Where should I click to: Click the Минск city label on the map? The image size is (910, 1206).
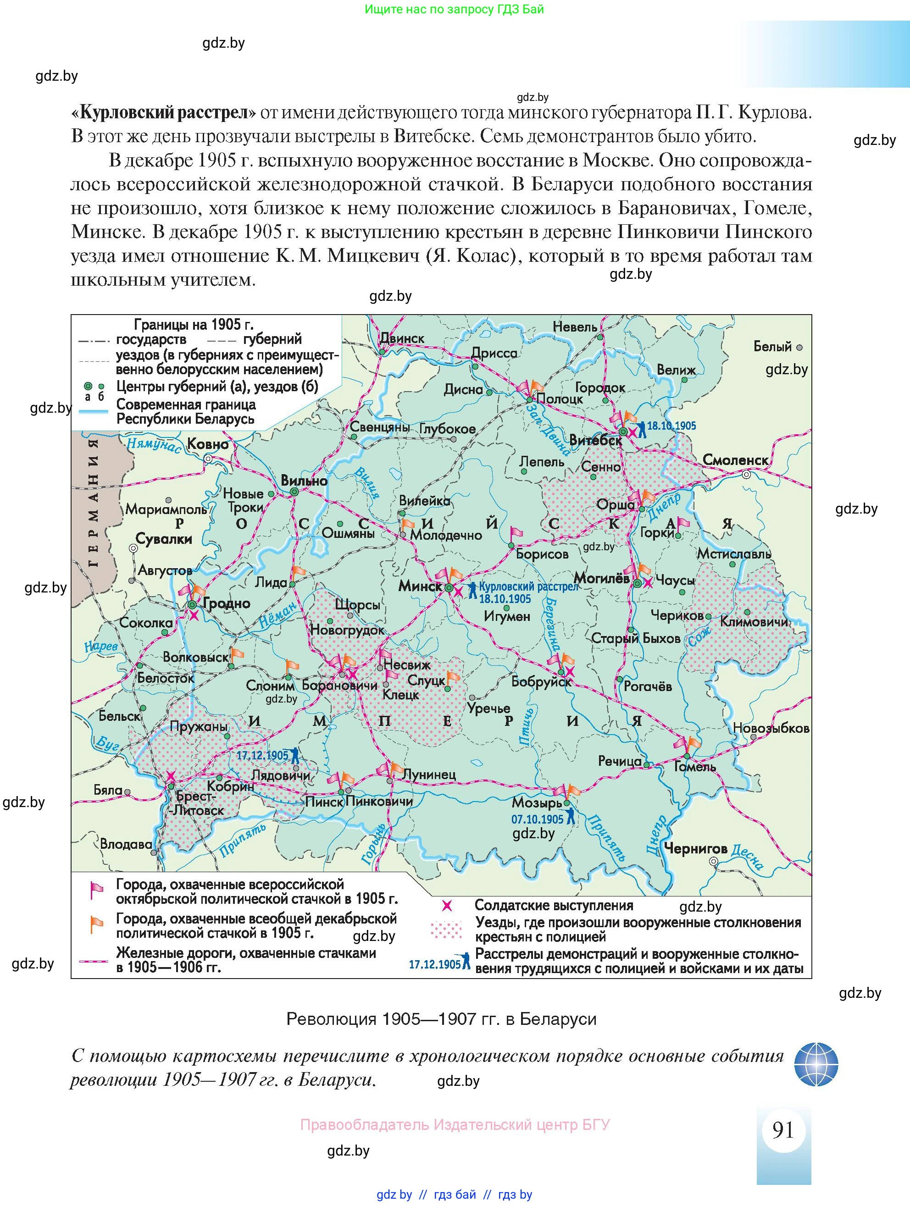[x=420, y=586]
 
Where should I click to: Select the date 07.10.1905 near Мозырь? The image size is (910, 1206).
[x=537, y=819]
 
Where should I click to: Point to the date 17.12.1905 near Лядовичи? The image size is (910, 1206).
[x=262, y=755]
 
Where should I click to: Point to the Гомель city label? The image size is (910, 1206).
[x=694, y=767]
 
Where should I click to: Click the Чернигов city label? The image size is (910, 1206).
[x=695, y=848]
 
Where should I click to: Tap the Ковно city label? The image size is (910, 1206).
[x=208, y=444]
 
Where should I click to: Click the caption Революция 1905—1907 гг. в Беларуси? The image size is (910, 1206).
[x=441, y=1018]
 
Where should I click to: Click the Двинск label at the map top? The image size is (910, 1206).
[x=402, y=338]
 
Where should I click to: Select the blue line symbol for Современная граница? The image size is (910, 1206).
[x=93, y=412]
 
